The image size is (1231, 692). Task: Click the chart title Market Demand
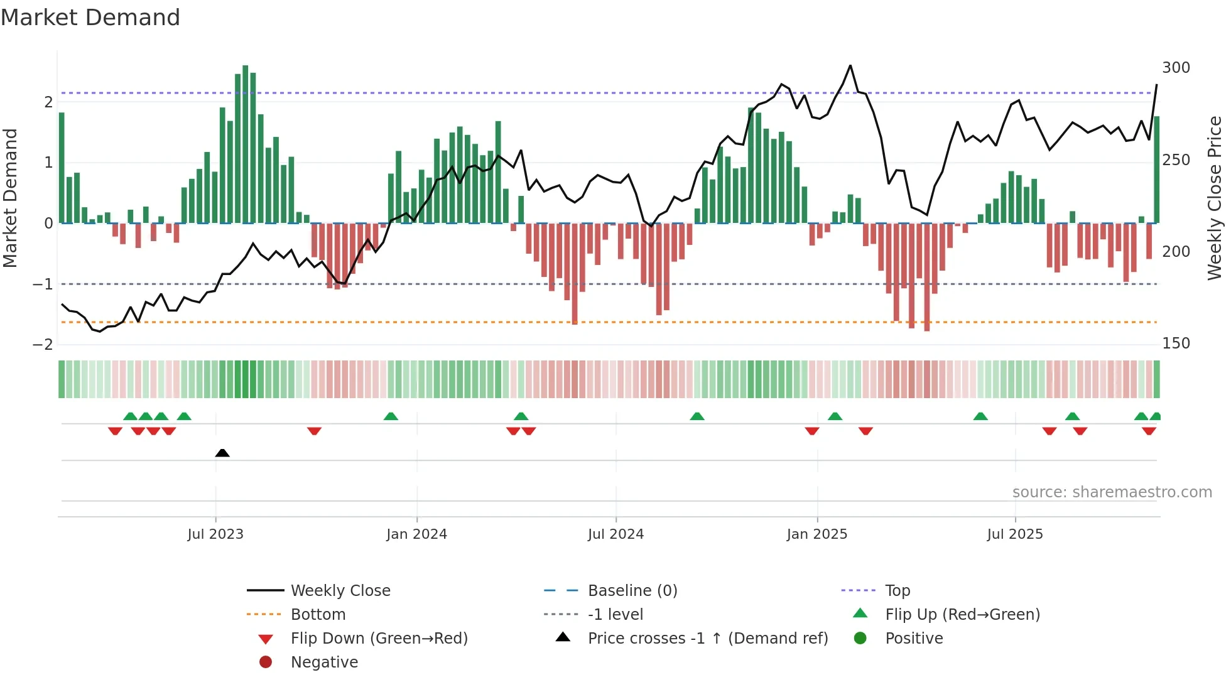pos(90,18)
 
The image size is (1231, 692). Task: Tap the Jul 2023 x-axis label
pos(215,534)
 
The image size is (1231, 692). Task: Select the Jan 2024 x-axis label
pos(416,534)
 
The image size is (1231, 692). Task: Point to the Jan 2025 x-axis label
pos(816,534)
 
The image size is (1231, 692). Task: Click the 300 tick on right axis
pos(1176,68)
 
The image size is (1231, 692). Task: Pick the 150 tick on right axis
pos(1176,343)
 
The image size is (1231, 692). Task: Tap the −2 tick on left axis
pos(43,345)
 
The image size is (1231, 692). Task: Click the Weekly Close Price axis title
pos(1215,198)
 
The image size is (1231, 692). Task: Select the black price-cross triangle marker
pos(222,453)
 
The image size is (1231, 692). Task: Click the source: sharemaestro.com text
pos(1112,492)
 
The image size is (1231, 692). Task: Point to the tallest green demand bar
pos(246,144)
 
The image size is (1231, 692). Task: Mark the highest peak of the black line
pos(850,65)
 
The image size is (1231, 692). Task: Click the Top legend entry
pos(897,591)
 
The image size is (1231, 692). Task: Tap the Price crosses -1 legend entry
pos(707,639)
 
